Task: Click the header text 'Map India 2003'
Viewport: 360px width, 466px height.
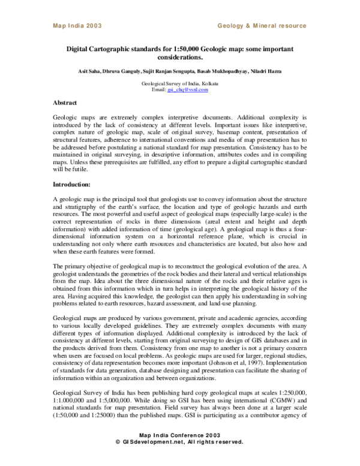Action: pos(77,26)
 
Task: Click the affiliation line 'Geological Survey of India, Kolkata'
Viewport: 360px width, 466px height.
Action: pos(179,84)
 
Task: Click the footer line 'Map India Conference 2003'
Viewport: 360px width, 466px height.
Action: pos(179,451)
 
